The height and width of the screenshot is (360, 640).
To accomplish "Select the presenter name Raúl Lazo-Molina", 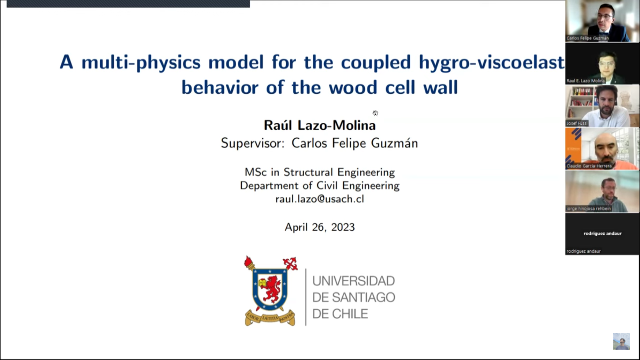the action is pos(320,125).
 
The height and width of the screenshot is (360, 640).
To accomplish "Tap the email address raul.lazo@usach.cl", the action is pos(320,199).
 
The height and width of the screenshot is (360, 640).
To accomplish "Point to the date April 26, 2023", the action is pos(320,227).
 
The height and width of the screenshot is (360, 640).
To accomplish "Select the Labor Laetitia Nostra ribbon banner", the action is pos(270,318).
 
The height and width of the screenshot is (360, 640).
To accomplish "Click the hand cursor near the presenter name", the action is pos(375,113).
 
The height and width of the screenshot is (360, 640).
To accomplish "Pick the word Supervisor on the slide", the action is pos(252,143).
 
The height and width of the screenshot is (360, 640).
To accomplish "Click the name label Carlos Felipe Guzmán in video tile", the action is pos(588,38).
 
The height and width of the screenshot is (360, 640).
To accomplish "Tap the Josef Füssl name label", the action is pos(577,123).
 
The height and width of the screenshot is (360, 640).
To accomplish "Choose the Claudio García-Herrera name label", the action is pos(589,166).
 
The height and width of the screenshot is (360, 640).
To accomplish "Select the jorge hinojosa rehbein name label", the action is pos(588,209).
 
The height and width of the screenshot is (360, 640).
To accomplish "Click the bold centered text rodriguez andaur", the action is pos(603,233).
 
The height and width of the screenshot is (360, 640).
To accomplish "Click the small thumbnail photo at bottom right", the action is pos(621,341).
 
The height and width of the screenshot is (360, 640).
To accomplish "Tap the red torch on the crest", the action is pos(249,263).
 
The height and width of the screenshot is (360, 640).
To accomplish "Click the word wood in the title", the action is pos(353,88).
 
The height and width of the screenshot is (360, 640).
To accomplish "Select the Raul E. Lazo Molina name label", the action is pos(586,81).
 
